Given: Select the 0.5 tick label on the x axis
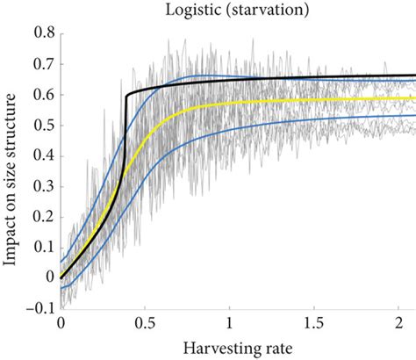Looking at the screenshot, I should pos(146,322).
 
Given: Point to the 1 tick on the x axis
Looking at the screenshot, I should pos(230,322).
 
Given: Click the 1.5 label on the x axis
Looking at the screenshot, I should pos(314,322).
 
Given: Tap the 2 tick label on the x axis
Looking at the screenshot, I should pos(399,322).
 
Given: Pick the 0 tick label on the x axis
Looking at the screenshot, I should pos(61,322).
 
